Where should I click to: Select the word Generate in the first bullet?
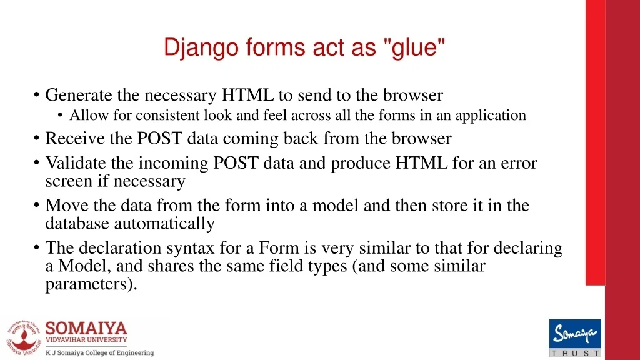click(x=79, y=95)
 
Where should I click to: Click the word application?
click(x=491, y=116)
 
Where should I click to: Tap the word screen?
click(x=69, y=181)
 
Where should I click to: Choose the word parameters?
click(x=91, y=284)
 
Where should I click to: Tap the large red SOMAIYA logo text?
click(x=86, y=329)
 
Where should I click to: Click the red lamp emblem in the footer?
click(x=24, y=338)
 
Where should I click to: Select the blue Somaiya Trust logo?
click(x=575, y=338)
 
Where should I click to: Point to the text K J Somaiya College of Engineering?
click(x=99, y=352)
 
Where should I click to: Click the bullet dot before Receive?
click(x=37, y=138)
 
